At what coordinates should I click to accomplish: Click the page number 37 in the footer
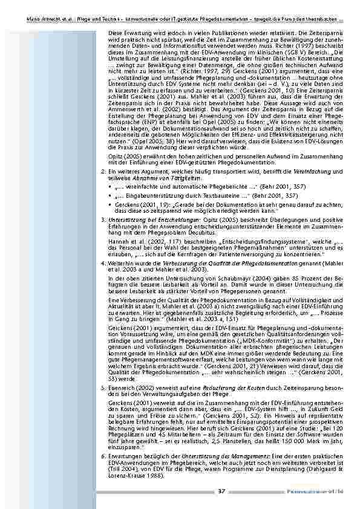pyautogui.click(x=221, y=491)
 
